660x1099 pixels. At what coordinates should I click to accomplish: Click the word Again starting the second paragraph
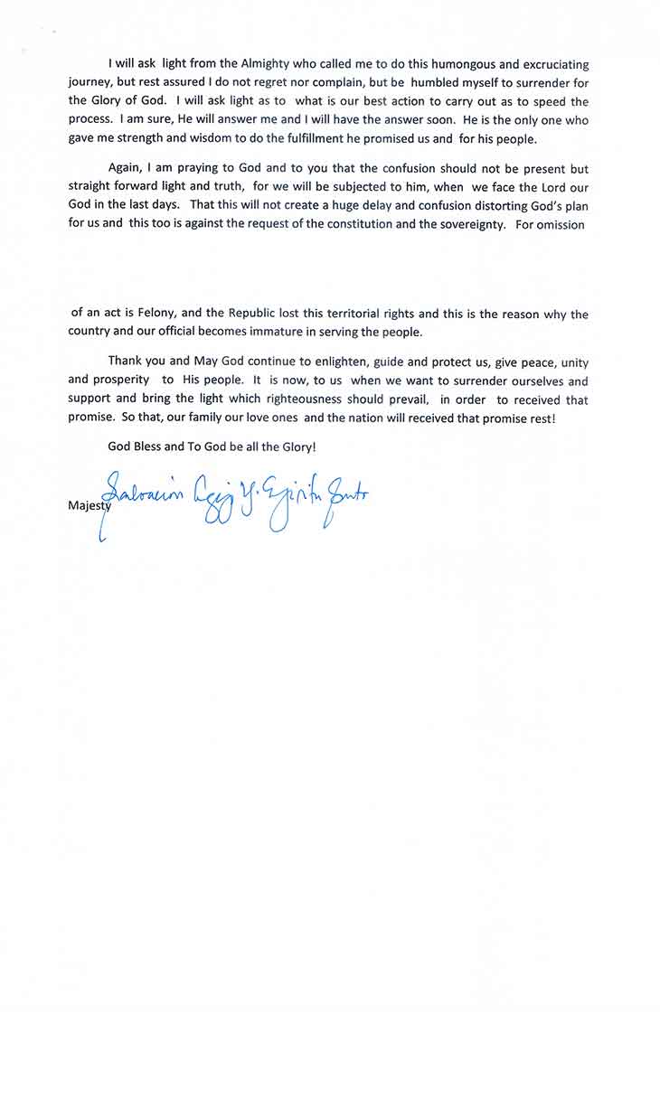tap(126, 169)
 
